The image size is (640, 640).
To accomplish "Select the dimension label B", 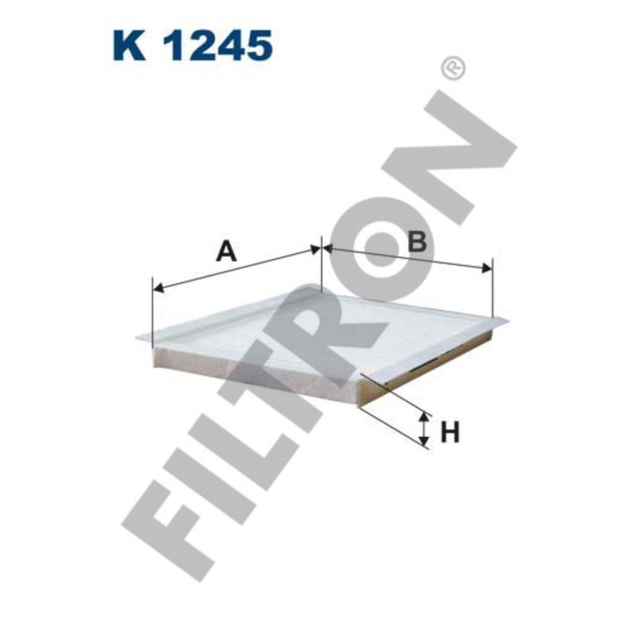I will [417, 241].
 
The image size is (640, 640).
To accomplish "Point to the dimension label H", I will [449, 432].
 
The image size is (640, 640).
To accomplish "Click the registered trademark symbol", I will [453, 68].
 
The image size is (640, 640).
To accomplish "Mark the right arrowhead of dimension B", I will [488, 268].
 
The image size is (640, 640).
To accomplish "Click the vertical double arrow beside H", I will [424, 429].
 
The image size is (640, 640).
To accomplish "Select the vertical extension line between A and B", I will [322, 265].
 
